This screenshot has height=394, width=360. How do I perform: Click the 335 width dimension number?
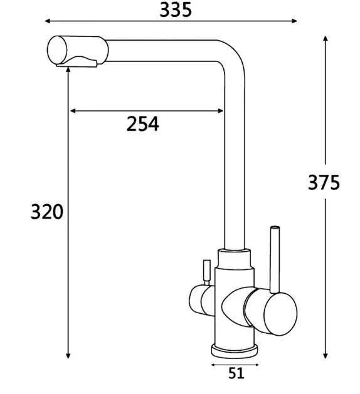click(x=176, y=10)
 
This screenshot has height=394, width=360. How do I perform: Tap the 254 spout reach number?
click(x=142, y=124)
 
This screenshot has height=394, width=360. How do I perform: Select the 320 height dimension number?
click(x=47, y=212)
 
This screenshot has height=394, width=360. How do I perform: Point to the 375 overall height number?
click(x=324, y=182)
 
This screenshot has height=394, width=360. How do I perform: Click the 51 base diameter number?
click(x=236, y=373)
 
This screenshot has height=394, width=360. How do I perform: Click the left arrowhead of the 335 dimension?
click(x=48, y=21)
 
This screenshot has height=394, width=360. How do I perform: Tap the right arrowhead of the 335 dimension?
click(x=294, y=21)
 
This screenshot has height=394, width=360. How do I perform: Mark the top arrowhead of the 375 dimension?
click(x=326, y=39)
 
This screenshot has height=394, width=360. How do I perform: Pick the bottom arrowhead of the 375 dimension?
click(x=326, y=355)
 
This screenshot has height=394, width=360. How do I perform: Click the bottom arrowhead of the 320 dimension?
click(x=68, y=355)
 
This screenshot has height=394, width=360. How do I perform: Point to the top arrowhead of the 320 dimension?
click(x=68, y=69)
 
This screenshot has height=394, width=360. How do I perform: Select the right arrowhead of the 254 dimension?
click(x=220, y=111)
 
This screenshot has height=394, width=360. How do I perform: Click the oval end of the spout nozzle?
click(x=57, y=50)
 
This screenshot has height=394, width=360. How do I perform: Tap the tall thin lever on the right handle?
click(x=274, y=259)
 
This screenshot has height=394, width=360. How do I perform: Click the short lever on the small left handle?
click(x=207, y=272)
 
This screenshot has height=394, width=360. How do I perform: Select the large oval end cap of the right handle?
click(x=280, y=314)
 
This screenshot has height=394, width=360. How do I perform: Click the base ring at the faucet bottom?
click(x=235, y=350)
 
